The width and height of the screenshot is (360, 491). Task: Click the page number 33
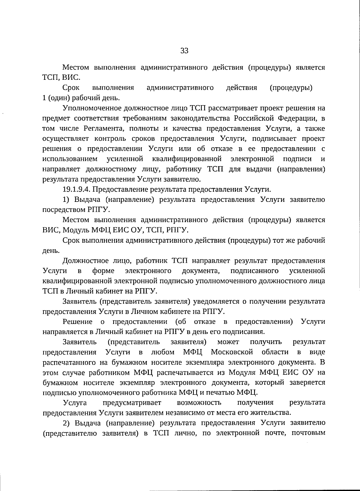(184, 51)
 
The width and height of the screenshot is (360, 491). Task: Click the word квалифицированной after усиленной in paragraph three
(187, 159)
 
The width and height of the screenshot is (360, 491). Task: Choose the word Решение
(77, 322)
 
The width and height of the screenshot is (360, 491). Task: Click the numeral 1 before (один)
(44, 98)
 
